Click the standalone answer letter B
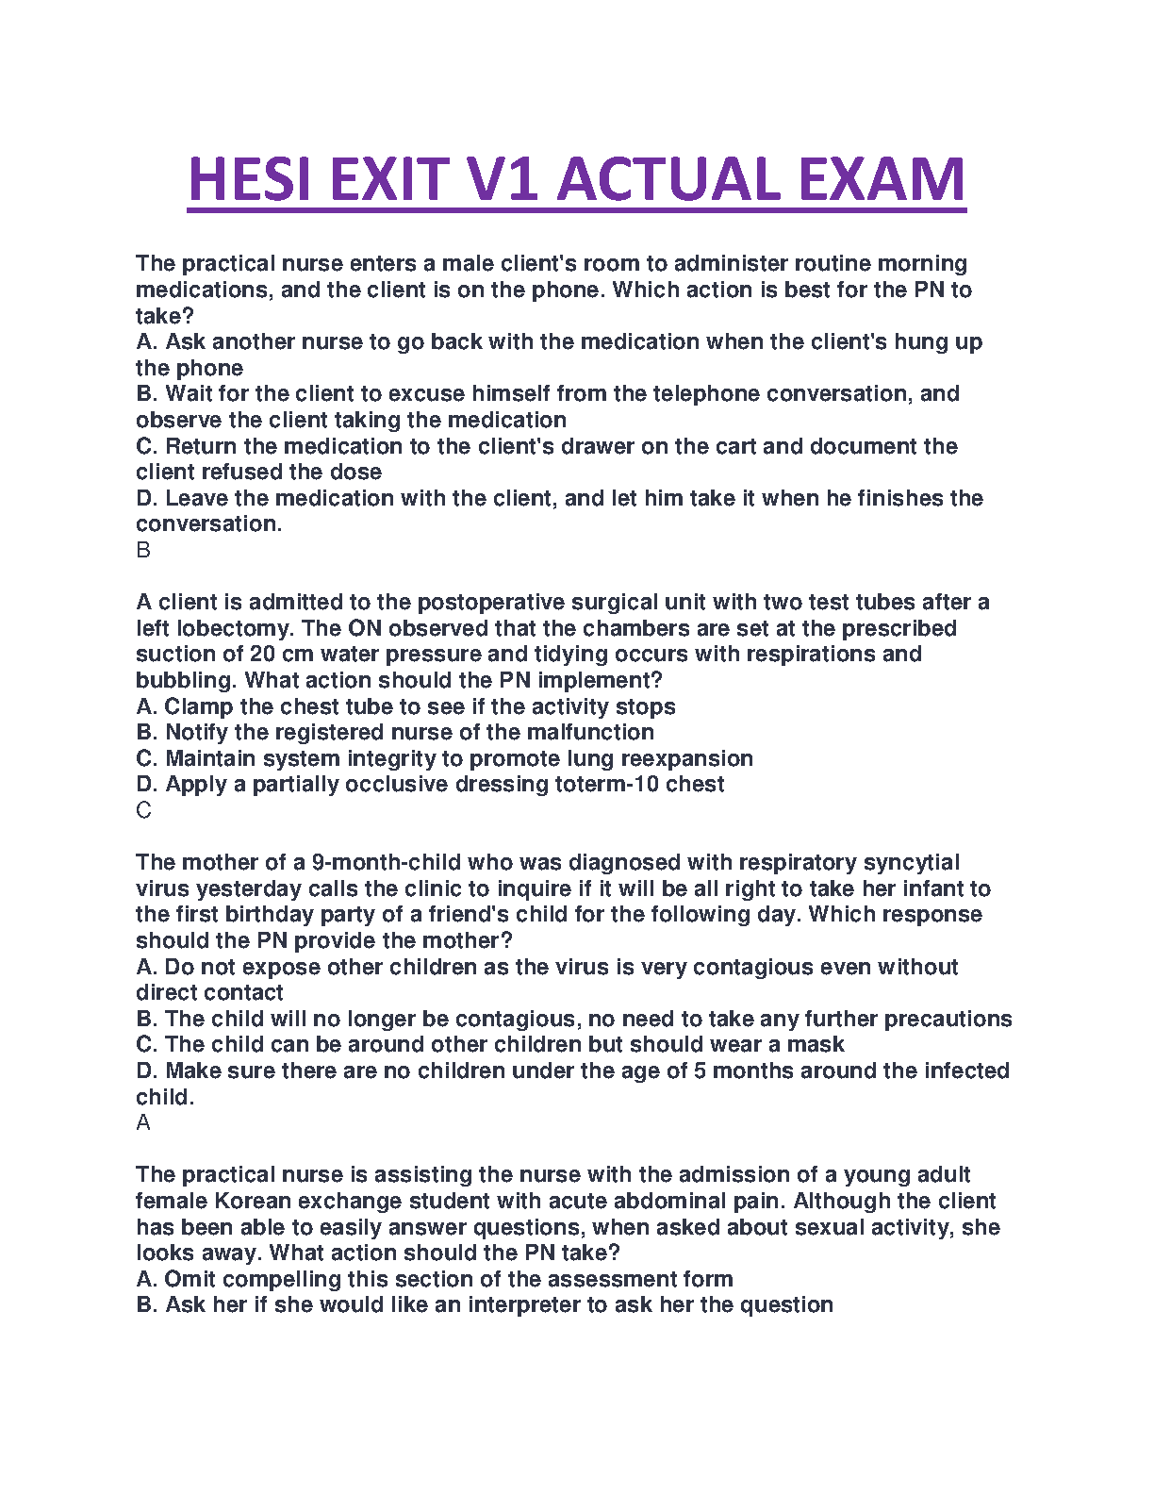coord(143,550)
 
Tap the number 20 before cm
coord(262,654)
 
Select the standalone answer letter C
coord(143,810)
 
